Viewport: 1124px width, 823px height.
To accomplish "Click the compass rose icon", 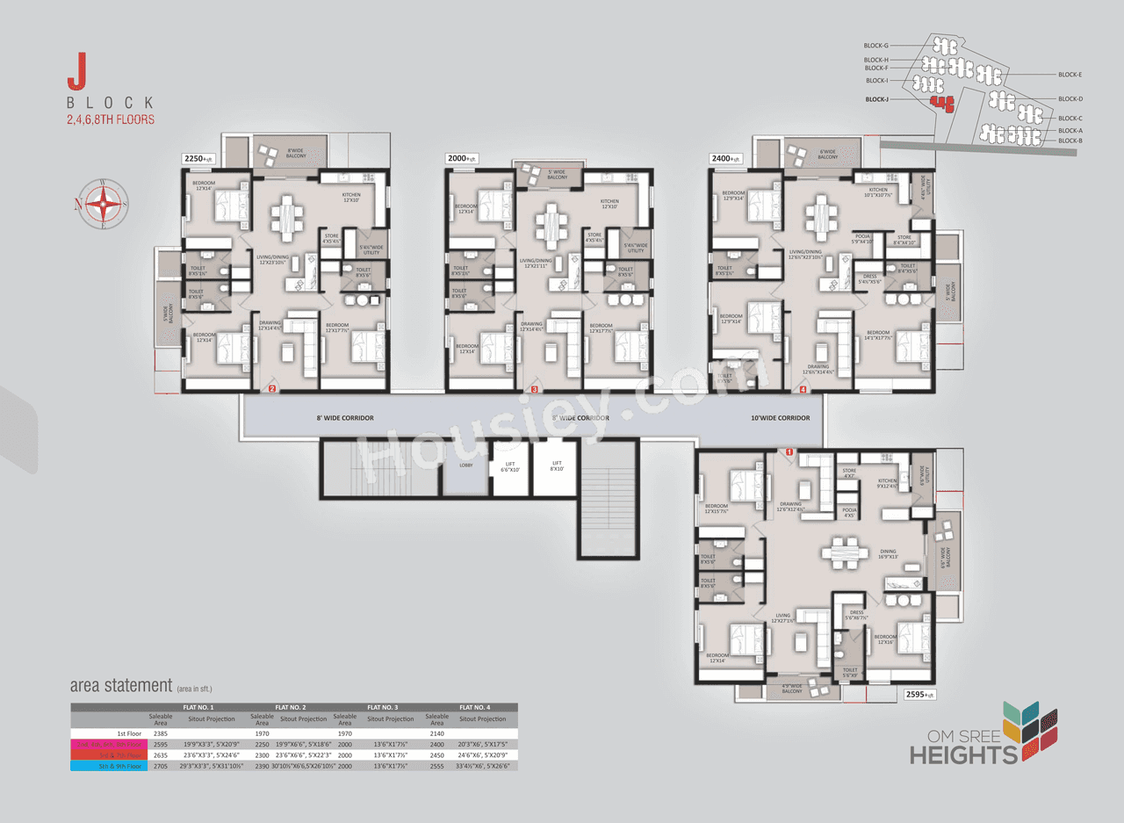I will click(104, 204).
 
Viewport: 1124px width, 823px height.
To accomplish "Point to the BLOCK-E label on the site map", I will click(1070, 75).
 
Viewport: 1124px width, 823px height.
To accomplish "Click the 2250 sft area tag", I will click(198, 158).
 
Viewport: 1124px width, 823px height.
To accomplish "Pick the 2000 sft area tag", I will click(461, 158).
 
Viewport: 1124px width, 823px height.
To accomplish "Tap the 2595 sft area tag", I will click(920, 694).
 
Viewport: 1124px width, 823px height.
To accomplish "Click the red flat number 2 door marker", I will click(272, 389).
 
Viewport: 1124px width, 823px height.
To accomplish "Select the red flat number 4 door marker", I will click(803, 389).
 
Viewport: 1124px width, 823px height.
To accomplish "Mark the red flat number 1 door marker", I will click(789, 452).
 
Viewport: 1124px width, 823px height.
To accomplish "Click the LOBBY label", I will click(466, 466).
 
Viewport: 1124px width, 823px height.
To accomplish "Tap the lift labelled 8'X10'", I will click(556, 466).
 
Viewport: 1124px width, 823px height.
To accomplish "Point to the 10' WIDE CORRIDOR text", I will click(780, 418).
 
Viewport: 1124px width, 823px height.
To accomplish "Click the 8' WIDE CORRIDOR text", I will click(345, 418).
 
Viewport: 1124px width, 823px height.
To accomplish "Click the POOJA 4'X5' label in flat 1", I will click(848, 512).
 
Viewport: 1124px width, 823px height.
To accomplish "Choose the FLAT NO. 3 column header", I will click(383, 707).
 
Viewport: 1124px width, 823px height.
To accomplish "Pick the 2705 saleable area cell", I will click(161, 766).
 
